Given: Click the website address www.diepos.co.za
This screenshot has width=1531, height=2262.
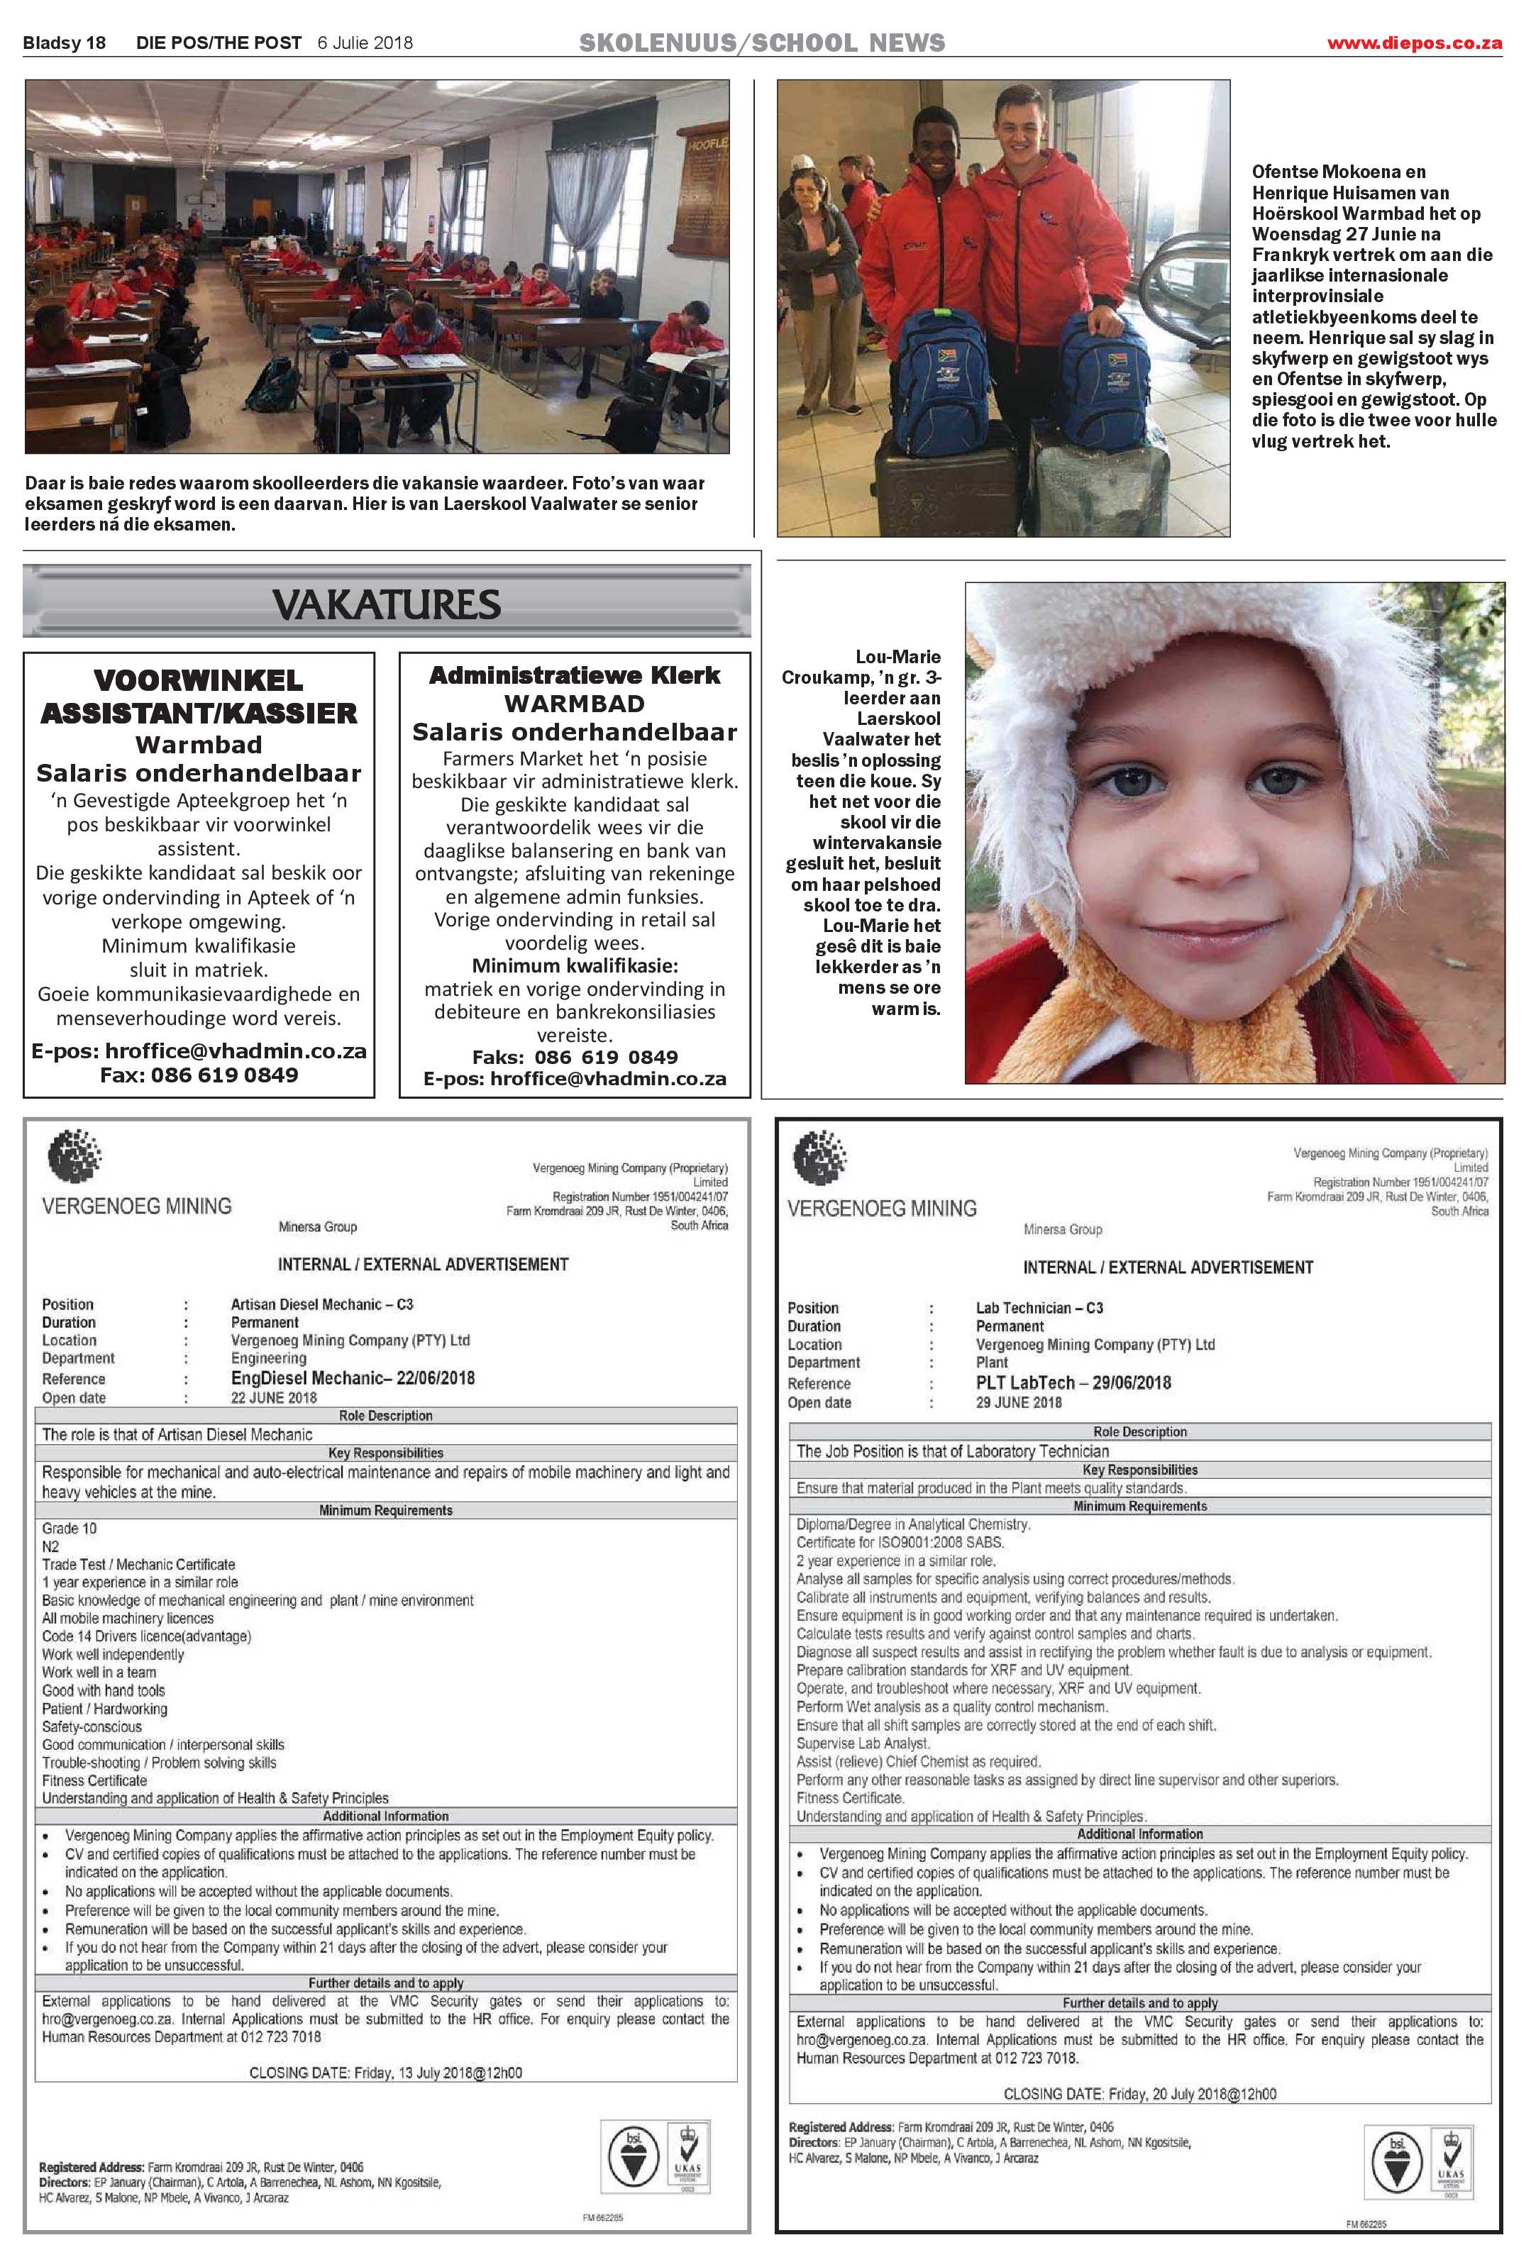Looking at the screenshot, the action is point(1414,43).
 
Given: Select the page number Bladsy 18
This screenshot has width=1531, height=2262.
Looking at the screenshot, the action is point(65,43).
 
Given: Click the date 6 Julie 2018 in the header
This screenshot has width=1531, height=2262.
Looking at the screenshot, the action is point(365,43).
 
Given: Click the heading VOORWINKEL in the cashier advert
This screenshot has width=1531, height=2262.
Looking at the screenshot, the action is point(199,680).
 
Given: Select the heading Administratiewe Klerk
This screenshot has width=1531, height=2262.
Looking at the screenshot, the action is point(574,675).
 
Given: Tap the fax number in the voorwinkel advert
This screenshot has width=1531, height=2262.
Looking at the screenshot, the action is point(199,1075).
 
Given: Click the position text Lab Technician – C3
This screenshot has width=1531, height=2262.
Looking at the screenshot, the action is point(1039,1308).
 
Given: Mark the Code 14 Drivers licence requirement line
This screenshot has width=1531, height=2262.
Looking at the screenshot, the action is point(146,1636).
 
